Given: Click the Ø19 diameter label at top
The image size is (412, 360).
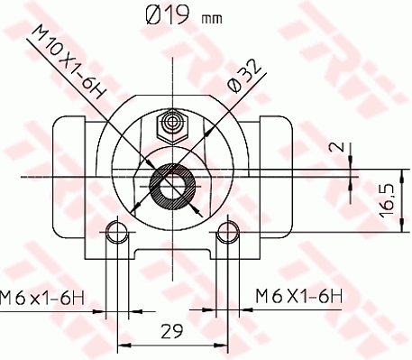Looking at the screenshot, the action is (168, 15).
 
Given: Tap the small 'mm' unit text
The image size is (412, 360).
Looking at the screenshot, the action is (212, 19).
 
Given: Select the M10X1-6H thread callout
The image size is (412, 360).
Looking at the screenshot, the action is (69, 62).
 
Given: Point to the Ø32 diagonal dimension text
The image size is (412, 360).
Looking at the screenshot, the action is (243, 76).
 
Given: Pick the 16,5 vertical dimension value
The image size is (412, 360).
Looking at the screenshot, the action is (387, 200).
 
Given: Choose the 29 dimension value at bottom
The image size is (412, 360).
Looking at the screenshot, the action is (172, 331).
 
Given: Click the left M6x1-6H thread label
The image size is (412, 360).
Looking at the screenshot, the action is (42, 298).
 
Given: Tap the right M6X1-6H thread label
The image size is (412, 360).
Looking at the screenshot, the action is (298, 296).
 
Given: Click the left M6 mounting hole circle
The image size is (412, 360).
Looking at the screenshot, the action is (117, 232).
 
